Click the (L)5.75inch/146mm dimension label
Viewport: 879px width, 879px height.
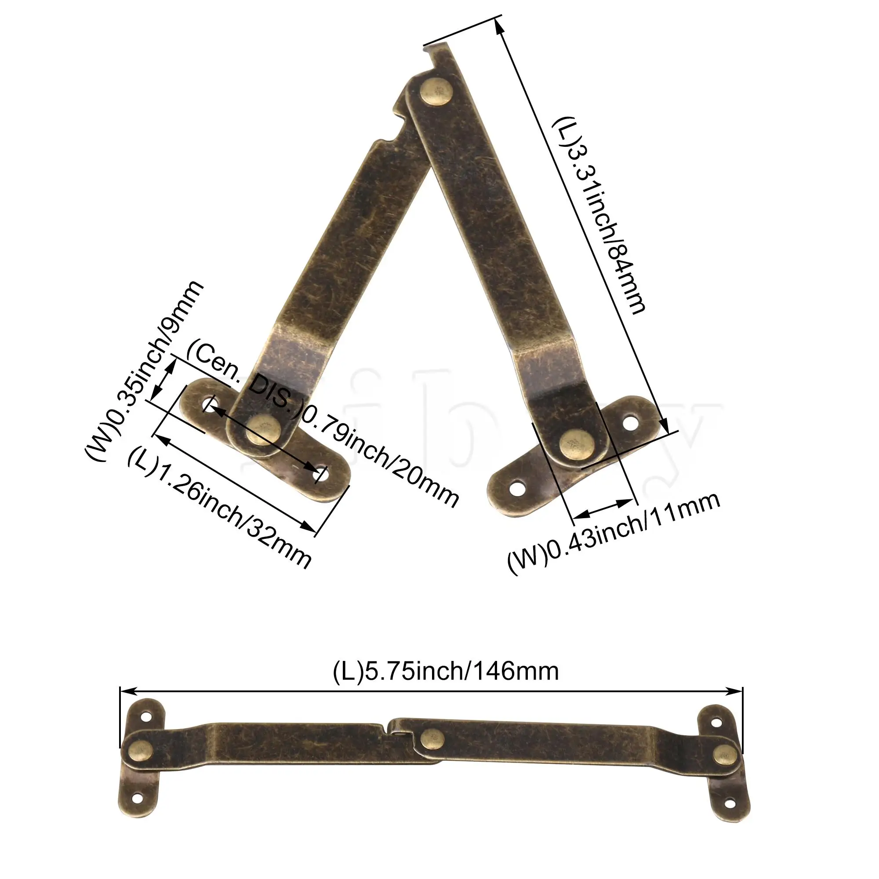click(445, 672)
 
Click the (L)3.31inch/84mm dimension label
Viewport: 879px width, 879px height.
click(598, 214)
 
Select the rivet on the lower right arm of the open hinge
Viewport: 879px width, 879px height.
click(576, 443)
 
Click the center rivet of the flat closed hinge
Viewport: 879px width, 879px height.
click(432, 738)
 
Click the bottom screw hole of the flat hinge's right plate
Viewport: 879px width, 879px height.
click(731, 803)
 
